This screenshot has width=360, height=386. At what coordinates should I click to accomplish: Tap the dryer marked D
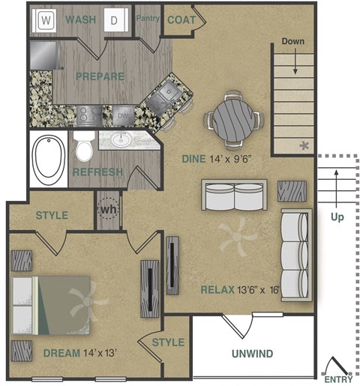tap(115, 20)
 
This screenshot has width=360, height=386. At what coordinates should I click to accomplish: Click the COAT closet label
tap(181, 20)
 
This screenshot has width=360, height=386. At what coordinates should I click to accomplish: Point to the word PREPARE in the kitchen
tap(99, 76)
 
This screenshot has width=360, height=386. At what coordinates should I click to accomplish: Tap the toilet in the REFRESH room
tap(85, 148)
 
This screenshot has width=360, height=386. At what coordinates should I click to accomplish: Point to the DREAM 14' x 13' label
tap(81, 352)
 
